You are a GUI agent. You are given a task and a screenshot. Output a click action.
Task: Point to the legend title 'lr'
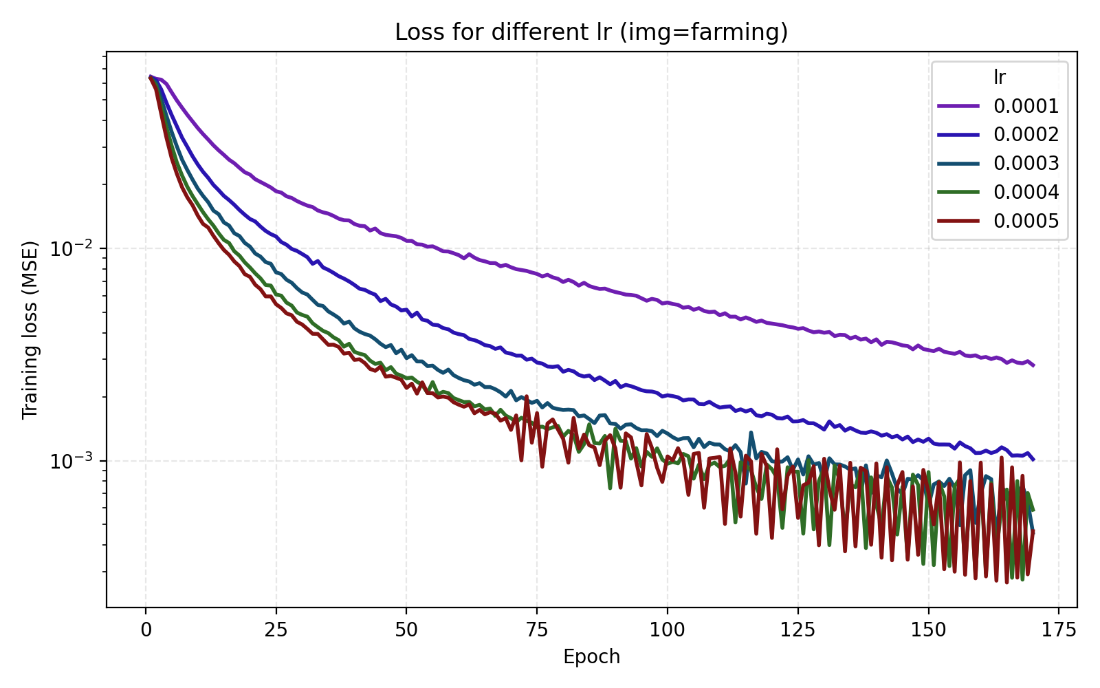click(1000, 77)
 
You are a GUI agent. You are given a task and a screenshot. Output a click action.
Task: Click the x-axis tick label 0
click(146, 630)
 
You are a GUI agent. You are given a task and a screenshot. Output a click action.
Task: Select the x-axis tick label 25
click(276, 630)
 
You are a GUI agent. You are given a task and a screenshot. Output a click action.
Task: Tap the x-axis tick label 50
click(406, 630)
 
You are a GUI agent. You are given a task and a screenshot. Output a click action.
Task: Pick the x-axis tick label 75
click(537, 630)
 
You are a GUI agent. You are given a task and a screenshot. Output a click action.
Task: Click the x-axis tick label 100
click(667, 630)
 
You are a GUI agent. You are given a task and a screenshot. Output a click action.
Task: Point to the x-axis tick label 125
click(797, 630)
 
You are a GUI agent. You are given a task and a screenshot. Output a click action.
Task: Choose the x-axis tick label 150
click(928, 630)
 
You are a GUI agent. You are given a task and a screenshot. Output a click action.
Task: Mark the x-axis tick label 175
click(1058, 630)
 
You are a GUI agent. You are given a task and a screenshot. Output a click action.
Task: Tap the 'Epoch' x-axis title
click(591, 657)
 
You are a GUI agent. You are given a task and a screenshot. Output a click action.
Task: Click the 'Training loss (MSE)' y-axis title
click(30, 330)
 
